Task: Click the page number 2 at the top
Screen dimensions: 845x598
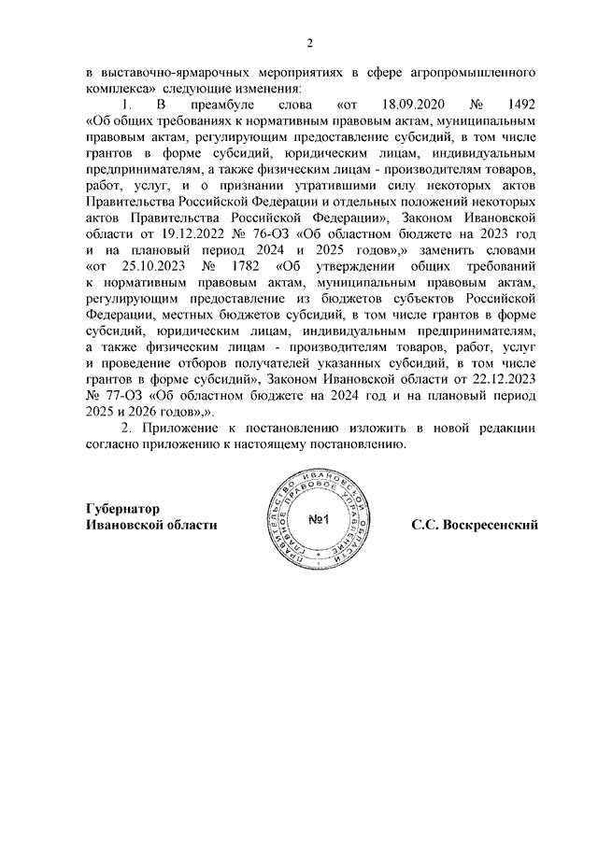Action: tap(309, 43)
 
